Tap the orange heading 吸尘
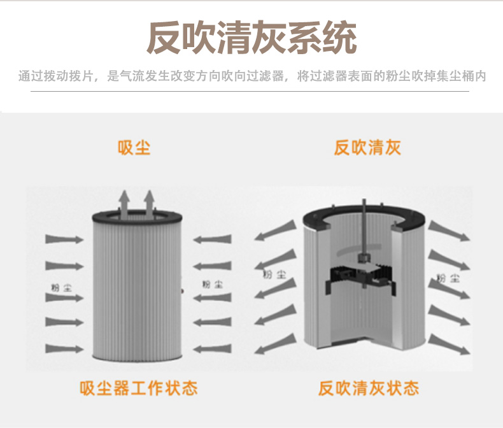[x=134, y=148]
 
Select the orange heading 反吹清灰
[x=367, y=148]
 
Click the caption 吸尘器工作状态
[x=138, y=388]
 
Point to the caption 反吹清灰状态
[x=369, y=388]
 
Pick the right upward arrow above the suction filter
[x=150, y=201]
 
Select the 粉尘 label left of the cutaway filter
[x=274, y=275]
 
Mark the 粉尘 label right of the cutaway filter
[x=448, y=278]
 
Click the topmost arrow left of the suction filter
[x=64, y=239]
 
